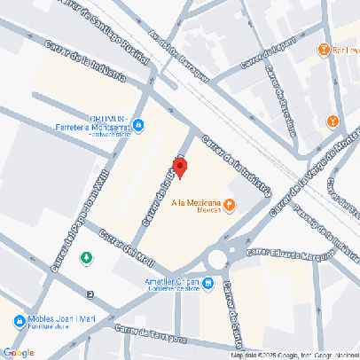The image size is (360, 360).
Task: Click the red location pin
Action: [179, 167]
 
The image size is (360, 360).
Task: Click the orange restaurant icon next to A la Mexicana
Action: [230, 206]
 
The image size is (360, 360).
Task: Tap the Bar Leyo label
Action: [346, 50]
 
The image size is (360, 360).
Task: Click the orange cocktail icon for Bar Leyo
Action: [325, 50]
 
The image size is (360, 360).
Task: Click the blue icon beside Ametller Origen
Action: [208, 284]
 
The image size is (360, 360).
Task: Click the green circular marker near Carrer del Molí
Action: [86, 258]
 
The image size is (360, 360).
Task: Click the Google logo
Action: [18, 352]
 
